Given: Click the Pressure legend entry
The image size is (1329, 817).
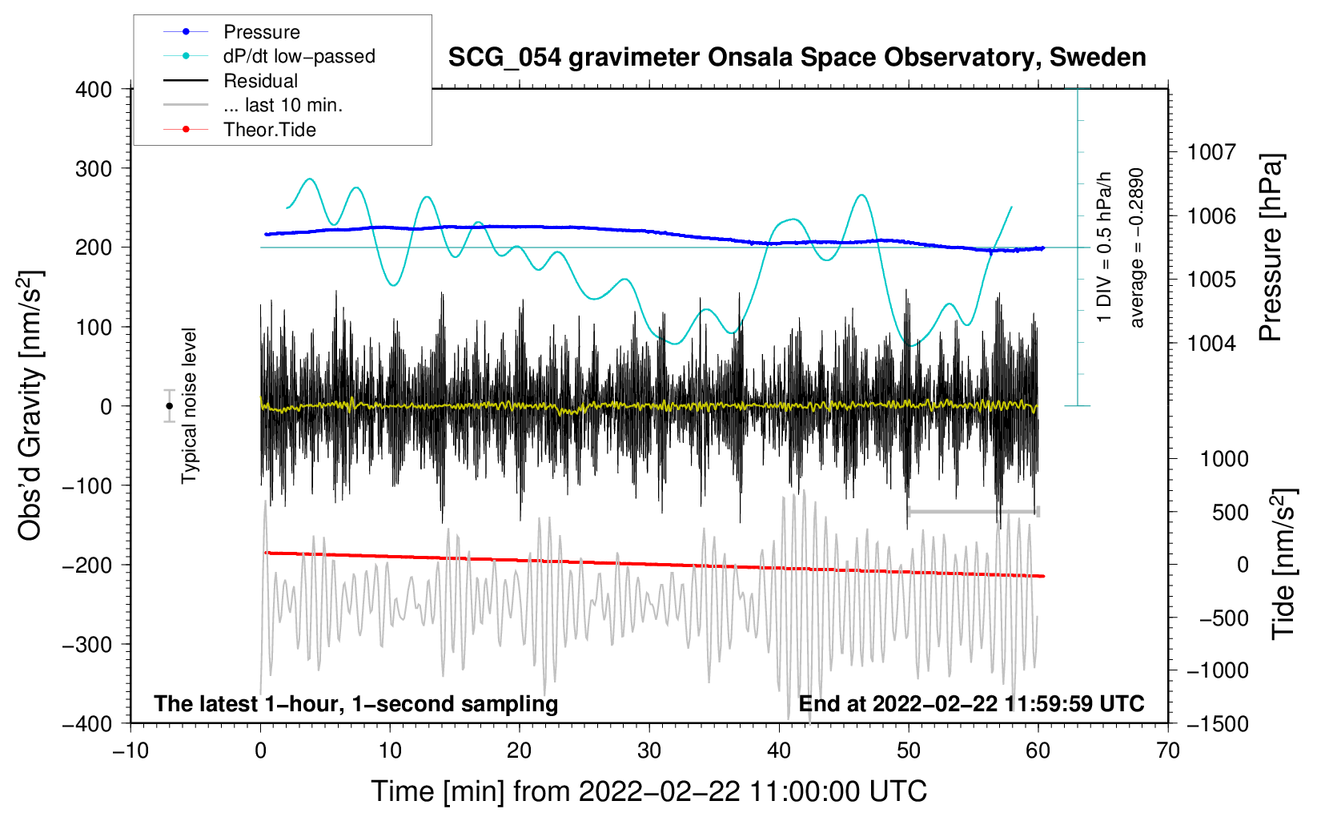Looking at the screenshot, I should click(261, 32).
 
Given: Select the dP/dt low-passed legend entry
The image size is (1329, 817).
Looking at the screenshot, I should click(299, 56).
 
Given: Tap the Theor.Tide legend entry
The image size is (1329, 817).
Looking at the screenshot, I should click(269, 130).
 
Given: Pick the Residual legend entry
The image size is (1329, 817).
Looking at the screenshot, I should click(260, 81).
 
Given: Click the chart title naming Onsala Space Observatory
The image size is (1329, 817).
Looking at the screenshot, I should click(797, 58).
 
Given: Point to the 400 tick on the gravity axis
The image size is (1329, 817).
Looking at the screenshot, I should click(94, 90).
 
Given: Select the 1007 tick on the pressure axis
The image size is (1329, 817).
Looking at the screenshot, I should click(1211, 152).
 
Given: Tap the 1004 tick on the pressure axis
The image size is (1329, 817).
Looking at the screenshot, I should click(1211, 344).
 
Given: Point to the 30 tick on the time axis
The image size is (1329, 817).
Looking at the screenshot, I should click(649, 751).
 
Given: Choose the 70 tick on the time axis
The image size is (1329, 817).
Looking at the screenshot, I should click(1168, 751).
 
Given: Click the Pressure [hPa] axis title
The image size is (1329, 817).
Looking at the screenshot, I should click(1271, 248).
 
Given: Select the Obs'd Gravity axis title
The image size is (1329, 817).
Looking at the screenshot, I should click(30, 406).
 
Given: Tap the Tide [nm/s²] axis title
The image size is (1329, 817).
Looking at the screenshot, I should click(1283, 564).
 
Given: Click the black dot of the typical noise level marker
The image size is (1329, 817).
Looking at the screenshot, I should click(169, 406).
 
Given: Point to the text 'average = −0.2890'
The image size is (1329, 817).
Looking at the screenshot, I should click(1137, 248).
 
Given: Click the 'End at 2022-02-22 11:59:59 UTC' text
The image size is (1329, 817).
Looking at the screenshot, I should click(971, 704).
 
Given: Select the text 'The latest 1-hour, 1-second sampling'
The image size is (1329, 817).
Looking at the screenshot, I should click(356, 704).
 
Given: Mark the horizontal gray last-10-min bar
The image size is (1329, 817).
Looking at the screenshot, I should click(973, 511).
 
